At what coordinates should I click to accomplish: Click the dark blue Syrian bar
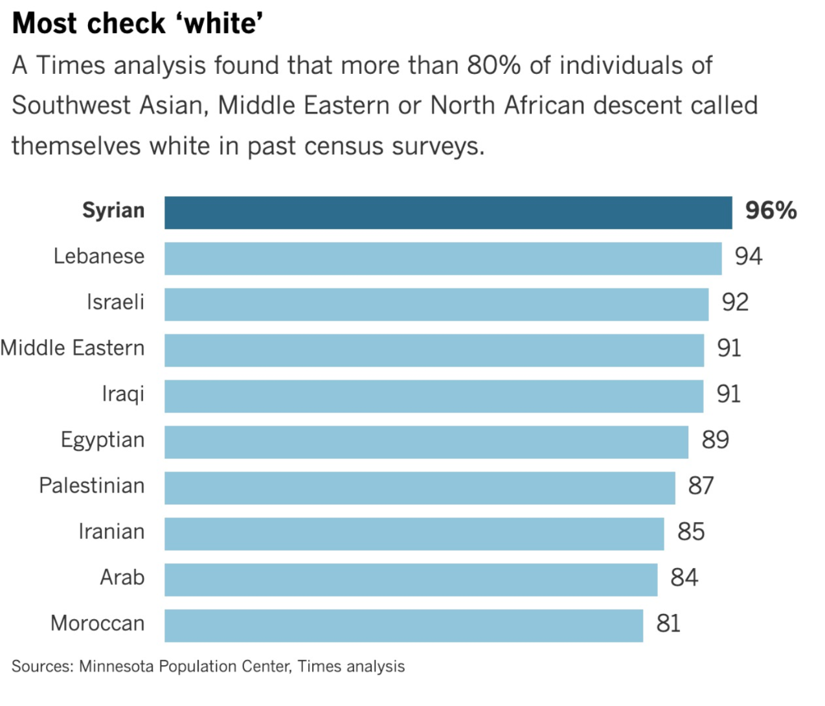point(448,212)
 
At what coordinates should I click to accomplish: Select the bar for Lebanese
point(443,258)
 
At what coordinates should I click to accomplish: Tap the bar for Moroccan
point(403,626)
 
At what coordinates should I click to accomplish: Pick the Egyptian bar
point(426,442)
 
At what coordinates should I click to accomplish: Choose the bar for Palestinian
point(420,488)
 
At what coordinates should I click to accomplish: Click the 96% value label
point(771,211)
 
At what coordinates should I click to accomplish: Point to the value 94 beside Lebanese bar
point(748,256)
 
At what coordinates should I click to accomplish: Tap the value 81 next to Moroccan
point(668,624)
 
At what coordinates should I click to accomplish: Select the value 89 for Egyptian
point(715,440)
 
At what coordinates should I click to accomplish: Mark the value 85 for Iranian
point(691,532)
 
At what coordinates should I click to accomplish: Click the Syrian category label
point(113,211)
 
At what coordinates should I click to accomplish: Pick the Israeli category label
point(115,302)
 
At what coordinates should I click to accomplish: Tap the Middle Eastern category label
point(73,348)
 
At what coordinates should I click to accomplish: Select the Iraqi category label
point(123,394)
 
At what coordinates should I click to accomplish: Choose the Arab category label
point(122,577)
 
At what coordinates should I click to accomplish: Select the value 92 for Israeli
point(735,302)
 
